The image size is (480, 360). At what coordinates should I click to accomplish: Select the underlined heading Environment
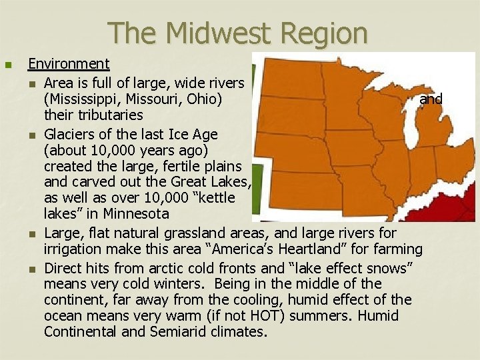(69, 64)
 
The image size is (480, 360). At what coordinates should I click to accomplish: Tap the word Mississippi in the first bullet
(83, 99)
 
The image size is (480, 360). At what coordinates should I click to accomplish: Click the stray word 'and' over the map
(431, 99)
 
